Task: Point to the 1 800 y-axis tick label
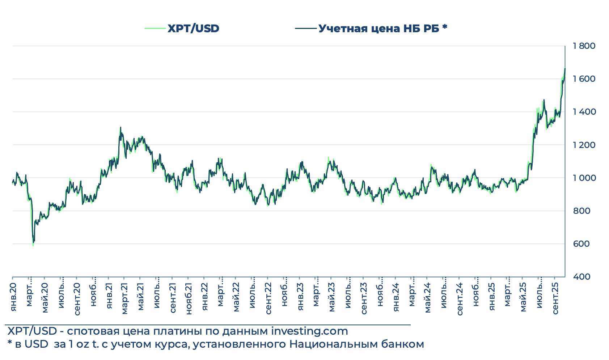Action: click(x=584, y=46)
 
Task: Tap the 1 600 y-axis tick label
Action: click(x=584, y=79)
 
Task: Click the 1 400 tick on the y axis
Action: click(x=584, y=112)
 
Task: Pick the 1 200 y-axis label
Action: click(x=584, y=145)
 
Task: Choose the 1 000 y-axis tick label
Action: click(x=584, y=178)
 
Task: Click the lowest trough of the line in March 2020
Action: click(x=33, y=246)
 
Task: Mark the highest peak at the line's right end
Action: click(x=565, y=68)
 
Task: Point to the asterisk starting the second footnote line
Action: click(x=9, y=343)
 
